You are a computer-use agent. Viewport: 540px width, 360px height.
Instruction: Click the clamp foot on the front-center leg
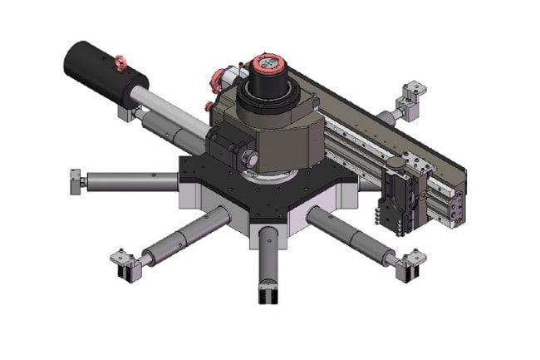point(267,293)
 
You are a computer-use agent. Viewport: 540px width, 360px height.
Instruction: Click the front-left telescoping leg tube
point(182,236)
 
